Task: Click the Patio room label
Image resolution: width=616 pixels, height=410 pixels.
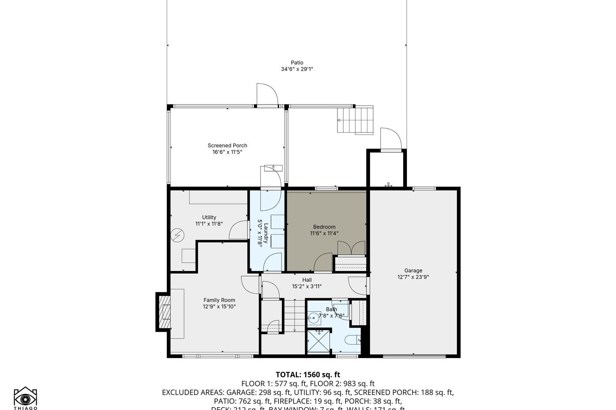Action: click(297, 63)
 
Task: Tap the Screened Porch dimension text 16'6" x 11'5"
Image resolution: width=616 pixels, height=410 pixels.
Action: click(227, 152)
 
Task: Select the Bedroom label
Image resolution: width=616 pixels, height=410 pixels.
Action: click(324, 227)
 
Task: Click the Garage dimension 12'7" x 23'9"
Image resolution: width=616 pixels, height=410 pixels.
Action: click(413, 277)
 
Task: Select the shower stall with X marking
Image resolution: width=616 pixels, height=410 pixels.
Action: click(319, 341)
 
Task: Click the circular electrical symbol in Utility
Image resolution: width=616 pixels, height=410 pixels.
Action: click(178, 235)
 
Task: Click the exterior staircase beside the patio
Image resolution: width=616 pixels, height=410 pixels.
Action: click(355, 120)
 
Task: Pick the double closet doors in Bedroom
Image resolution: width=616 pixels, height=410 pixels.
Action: click(351, 248)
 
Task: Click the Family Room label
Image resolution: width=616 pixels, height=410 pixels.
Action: click(219, 300)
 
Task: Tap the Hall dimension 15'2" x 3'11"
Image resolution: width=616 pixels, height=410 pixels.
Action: click(307, 287)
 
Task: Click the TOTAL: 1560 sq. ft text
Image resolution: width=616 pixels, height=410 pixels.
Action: click(308, 374)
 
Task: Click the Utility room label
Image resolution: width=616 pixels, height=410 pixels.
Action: click(209, 217)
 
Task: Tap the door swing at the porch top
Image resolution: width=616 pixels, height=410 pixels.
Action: click(267, 95)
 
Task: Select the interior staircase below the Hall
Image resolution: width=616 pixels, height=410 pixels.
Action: click(294, 315)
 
